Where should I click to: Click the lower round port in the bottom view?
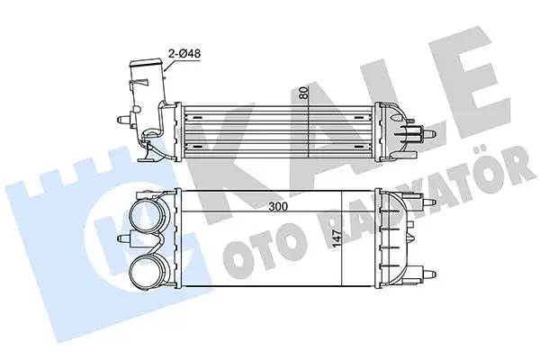click(x=149, y=272)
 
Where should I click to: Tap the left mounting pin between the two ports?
click(x=123, y=239)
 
